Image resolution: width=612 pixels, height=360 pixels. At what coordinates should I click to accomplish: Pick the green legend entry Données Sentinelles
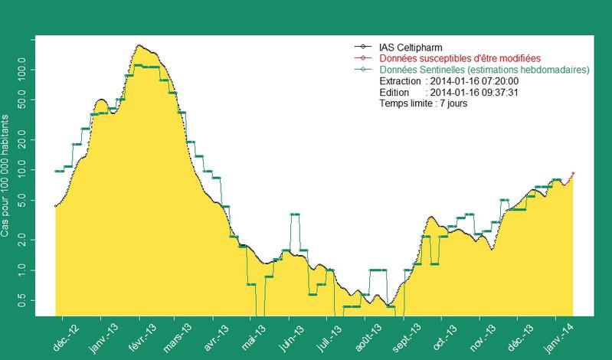click(483, 70)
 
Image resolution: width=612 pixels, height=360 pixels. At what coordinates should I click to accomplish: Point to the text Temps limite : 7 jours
click(424, 103)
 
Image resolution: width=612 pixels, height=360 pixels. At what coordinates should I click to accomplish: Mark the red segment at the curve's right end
click(569, 178)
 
